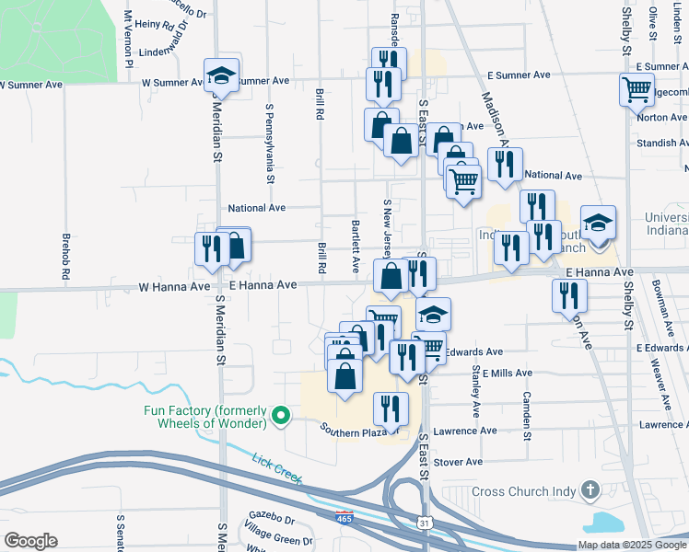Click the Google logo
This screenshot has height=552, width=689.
(x=30, y=540)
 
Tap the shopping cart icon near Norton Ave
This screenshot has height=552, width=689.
(x=636, y=91)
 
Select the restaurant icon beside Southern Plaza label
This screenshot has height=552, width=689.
(x=391, y=408)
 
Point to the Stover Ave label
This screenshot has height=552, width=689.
(x=458, y=462)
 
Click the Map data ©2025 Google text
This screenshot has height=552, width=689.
(x=631, y=545)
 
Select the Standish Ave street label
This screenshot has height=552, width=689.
(x=660, y=144)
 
